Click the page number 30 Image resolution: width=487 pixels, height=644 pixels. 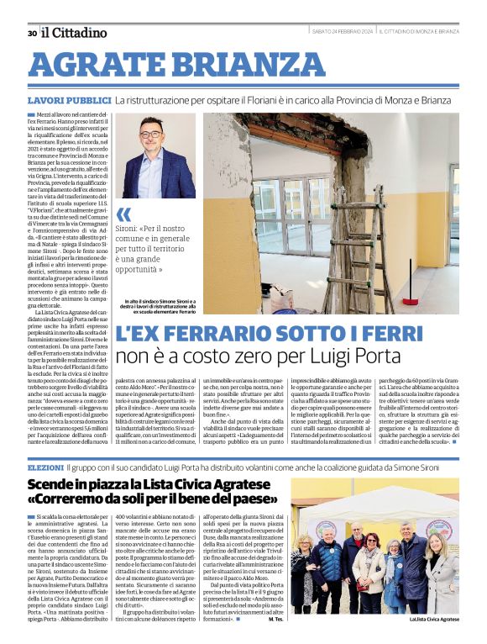pyautogui.click(x=31, y=33)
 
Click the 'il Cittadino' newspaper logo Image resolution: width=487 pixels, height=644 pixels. pyautogui.click(x=75, y=33)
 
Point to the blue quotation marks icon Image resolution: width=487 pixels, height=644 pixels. pyautogui.click(x=124, y=214)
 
